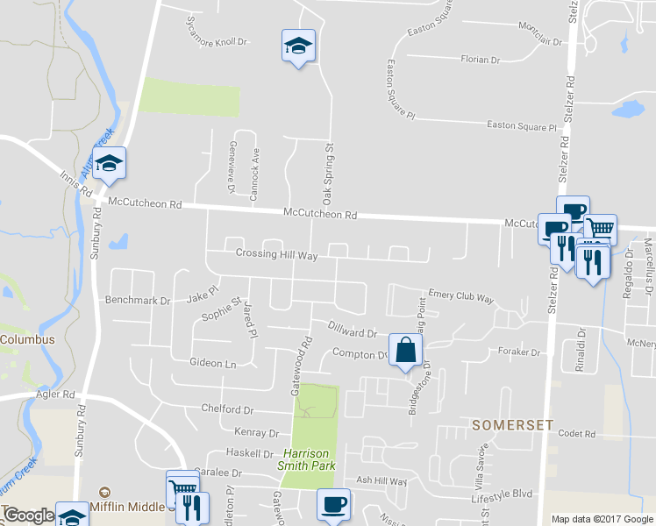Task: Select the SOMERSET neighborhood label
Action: [x=513, y=425]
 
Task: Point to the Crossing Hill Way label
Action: [x=276, y=253]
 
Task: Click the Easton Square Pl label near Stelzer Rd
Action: [x=522, y=126]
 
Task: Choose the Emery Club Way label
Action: [x=461, y=296]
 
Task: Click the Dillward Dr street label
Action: [x=352, y=331]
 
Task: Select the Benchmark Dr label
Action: [x=138, y=300]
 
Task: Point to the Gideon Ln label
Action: [x=213, y=362]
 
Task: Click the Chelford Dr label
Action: [x=227, y=409]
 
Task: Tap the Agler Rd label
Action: [x=56, y=395]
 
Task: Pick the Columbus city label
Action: [x=27, y=339]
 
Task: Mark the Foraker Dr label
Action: [x=518, y=352]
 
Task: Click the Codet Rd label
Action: [x=576, y=433]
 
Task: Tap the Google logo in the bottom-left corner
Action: [x=28, y=515]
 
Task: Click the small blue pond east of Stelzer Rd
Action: [x=627, y=110]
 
